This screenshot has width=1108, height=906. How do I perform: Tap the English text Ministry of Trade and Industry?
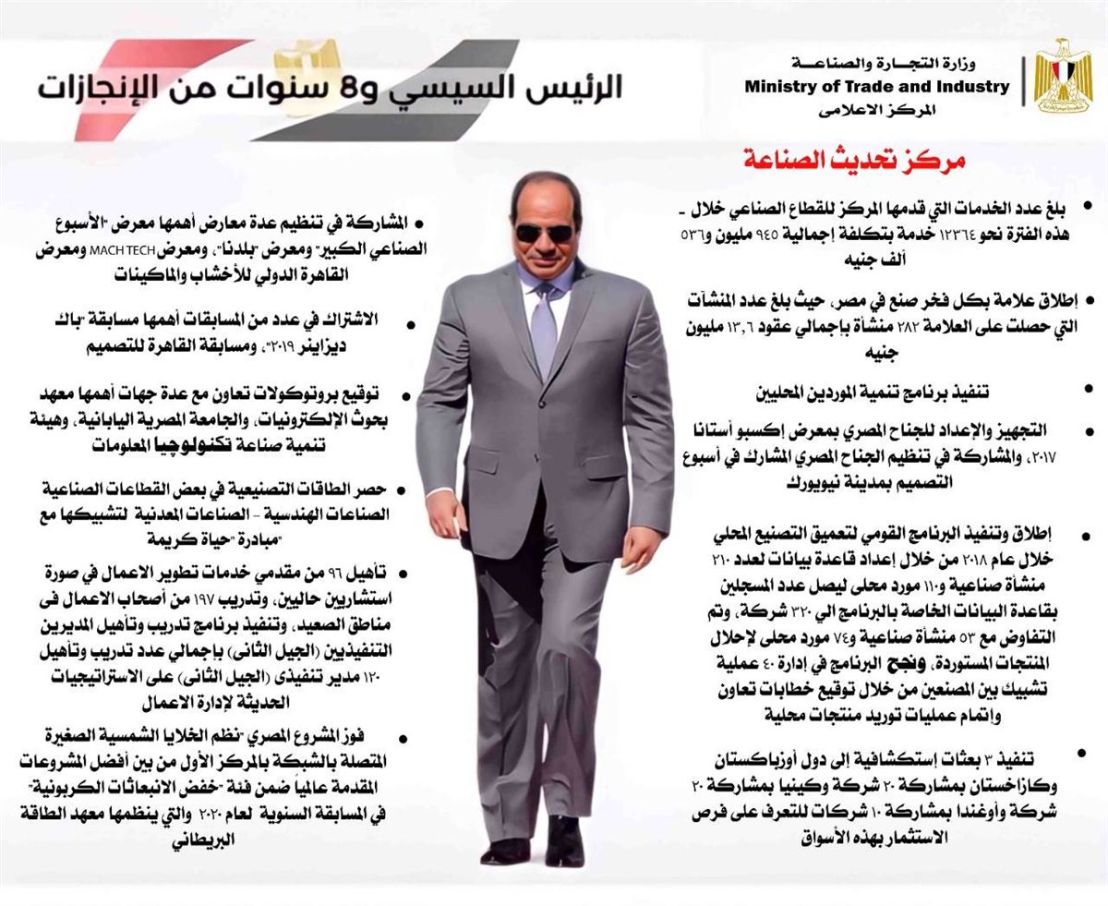[x=877, y=87]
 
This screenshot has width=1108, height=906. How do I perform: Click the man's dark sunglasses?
[x=544, y=232]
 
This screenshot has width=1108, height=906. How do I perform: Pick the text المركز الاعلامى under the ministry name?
[x=877, y=110]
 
